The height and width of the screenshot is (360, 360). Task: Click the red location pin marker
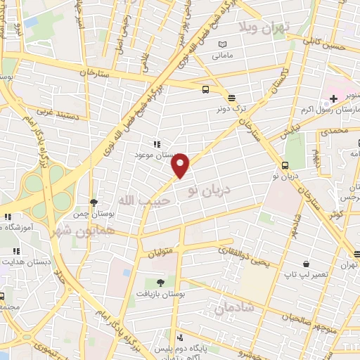point(181,165)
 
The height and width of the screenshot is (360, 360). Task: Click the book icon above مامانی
point(222,44)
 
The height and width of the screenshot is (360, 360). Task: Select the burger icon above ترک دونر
point(231,97)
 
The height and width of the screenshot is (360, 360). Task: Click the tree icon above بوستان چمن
point(94,202)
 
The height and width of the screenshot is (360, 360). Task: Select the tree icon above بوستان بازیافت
point(161,282)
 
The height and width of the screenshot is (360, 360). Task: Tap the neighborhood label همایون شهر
point(63,225)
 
